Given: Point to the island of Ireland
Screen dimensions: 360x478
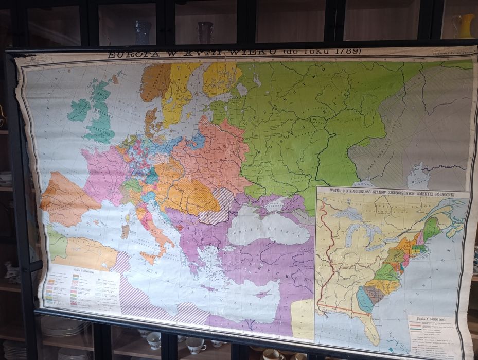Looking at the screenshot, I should coord(79,110).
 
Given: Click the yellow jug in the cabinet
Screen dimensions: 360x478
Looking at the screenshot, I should coord(466,25).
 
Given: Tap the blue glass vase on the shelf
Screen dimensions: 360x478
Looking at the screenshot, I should coord(143,31).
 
